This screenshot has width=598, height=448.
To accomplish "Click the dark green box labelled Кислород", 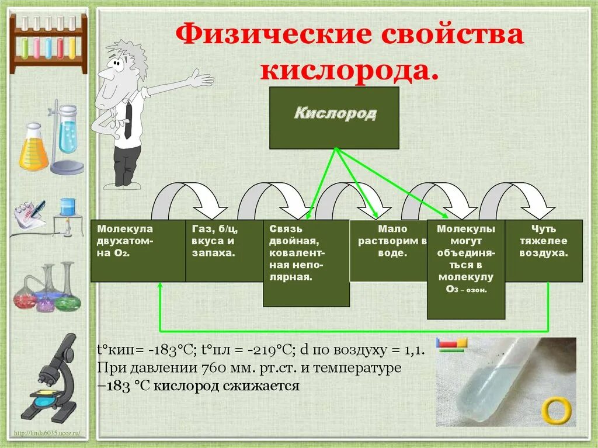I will [334, 118].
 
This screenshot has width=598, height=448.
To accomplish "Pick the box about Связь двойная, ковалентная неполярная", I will [305, 263].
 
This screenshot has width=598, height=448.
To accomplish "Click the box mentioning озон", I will [465, 269].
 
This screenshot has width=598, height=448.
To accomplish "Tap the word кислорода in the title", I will [349, 70].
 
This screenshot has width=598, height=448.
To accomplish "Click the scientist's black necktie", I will [128, 120].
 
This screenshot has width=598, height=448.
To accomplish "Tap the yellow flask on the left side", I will [33, 148].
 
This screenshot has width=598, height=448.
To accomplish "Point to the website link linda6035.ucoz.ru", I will [49, 433].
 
